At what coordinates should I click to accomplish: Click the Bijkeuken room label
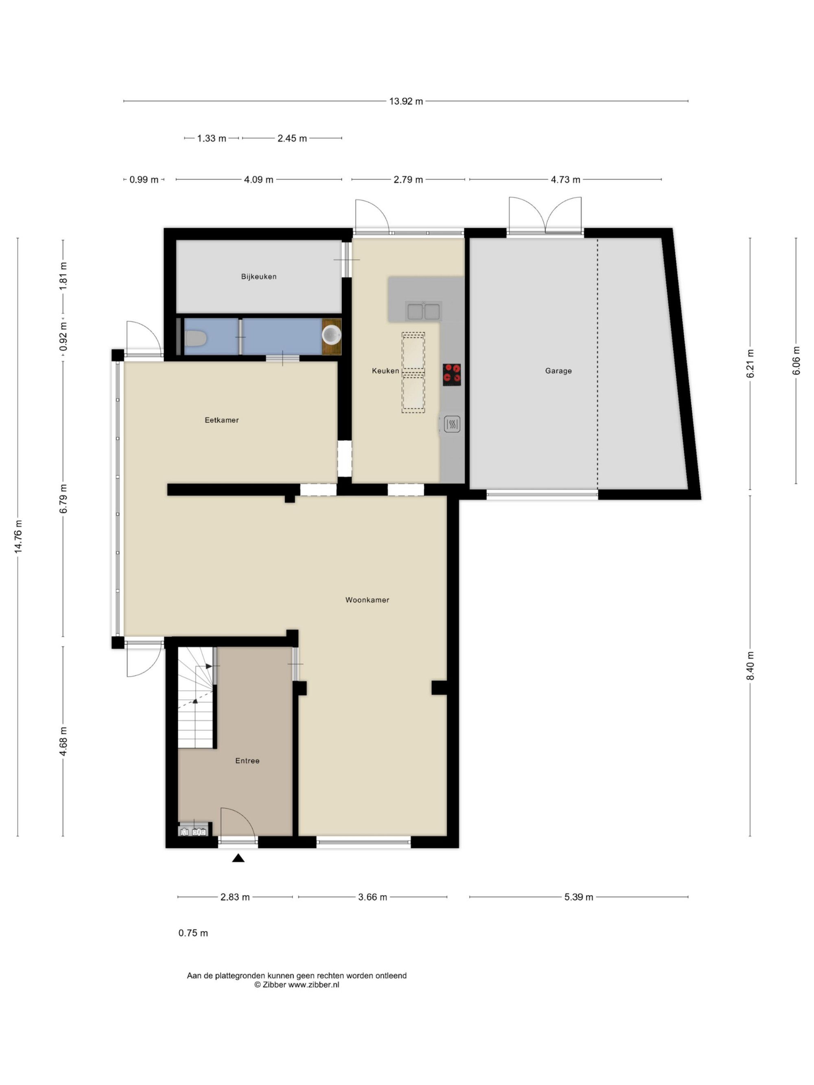[258, 277]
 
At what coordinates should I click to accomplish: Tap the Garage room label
[558, 371]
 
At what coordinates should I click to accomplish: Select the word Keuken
[385, 371]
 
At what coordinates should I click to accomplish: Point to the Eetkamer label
[222, 420]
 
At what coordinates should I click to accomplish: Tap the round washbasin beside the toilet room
[332, 334]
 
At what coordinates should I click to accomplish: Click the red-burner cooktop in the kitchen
[451, 375]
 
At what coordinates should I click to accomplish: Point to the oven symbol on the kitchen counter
[452, 424]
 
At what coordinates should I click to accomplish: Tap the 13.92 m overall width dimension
[406, 102]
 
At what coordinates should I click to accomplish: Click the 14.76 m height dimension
[18, 537]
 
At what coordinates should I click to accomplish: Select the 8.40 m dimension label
[750, 666]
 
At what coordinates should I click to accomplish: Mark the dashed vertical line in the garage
[597, 363]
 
